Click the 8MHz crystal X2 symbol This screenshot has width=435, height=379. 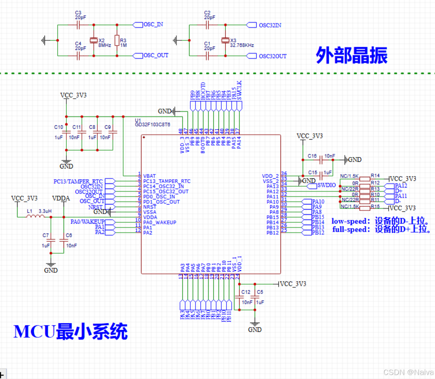point(93,40)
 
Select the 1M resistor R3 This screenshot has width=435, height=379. point(116,40)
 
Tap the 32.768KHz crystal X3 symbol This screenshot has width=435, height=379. point(225,40)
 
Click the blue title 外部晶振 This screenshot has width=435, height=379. point(351,55)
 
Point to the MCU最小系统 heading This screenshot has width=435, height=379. point(71,331)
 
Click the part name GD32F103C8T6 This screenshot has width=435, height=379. point(153,124)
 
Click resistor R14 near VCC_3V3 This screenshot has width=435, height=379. point(365,178)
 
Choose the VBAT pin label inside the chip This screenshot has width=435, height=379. point(150,175)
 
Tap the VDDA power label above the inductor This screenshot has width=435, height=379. point(62,198)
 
